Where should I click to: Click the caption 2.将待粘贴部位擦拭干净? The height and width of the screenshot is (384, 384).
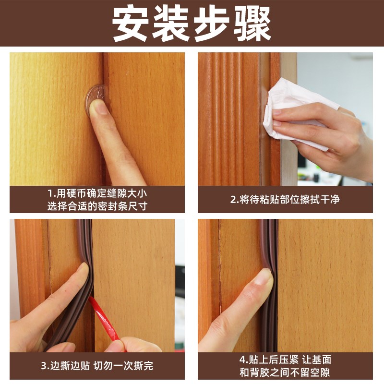(x=285, y=199)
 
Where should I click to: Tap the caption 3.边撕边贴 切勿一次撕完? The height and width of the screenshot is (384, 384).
(x=96, y=366)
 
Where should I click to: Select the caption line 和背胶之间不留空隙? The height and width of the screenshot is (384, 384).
(x=285, y=372)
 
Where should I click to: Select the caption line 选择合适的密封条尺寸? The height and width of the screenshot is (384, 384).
(x=96, y=206)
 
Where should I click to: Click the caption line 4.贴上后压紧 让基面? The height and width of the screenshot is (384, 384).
(x=285, y=360)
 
